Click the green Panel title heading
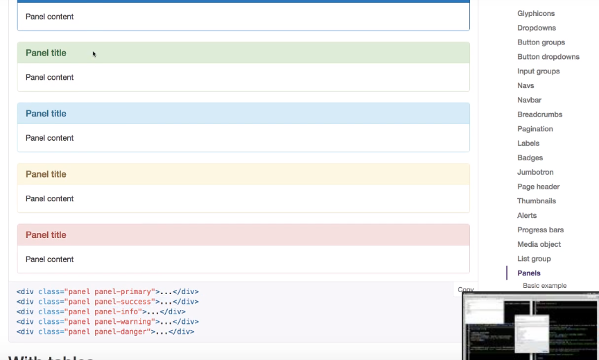click(x=46, y=53)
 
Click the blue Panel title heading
click(x=46, y=114)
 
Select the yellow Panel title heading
click(x=46, y=174)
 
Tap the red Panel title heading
click(x=46, y=235)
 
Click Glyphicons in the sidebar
click(x=536, y=13)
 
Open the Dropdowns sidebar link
click(x=537, y=28)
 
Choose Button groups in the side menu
click(x=541, y=42)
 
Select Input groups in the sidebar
click(x=539, y=71)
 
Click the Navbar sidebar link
click(x=529, y=100)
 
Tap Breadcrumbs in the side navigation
click(x=539, y=114)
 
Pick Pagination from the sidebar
click(x=535, y=129)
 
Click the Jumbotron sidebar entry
click(x=535, y=172)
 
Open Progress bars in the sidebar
click(x=540, y=230)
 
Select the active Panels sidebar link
click(x=529, y=273)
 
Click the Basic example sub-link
click(x=544, y=286)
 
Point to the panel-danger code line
click(x=105, y=332)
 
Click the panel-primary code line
click(x=107, y=291)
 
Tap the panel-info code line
click(x=101, y=311)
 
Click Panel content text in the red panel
click(x=49, y=259)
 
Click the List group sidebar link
click(x=534, y=259)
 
